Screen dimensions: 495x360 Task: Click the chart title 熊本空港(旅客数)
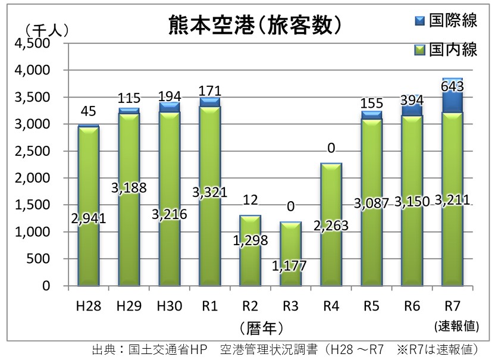click(x=255, y=25)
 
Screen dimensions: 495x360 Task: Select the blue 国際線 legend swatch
click(x=420, y=21)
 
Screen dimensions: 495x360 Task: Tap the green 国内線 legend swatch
click(x=420, y=50)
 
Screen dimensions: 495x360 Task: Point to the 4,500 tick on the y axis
click(x=33, y=43)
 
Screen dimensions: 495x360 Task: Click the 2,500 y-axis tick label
click(x=33, y=151)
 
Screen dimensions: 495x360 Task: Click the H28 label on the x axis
click(x=89, y=306)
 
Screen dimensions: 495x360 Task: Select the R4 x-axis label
click(x=331, y=306)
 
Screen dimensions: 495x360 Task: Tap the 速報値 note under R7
click(x=456, y=325)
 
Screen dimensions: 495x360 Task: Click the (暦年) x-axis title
click(x=261, y=328)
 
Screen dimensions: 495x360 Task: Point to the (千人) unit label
click(x=47, y=30)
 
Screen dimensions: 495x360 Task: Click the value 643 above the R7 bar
click(x=452, y=86)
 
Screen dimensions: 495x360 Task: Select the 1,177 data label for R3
click(x=289, y=266)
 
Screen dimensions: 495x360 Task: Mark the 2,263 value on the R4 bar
click(x=331, y=226)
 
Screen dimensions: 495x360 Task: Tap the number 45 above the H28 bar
click(x=89, y=111)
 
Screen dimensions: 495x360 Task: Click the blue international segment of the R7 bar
click(x=452, y=95)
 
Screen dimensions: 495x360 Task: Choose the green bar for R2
click(x=250, y=251)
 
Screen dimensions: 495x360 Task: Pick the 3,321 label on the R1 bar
click(x=210, y=192)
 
